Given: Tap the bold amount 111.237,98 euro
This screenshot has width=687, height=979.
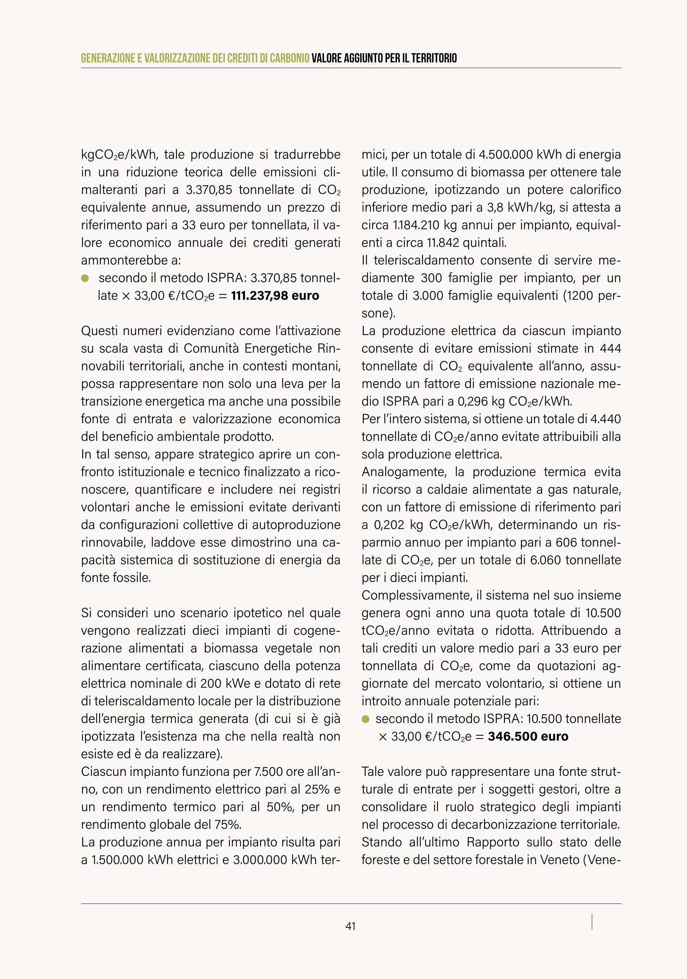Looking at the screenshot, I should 275,296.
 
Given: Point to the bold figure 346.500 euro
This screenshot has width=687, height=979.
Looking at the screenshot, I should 528,736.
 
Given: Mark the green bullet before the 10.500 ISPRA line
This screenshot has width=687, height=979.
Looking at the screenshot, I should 365,719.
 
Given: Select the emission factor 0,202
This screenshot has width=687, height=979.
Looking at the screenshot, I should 389,525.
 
